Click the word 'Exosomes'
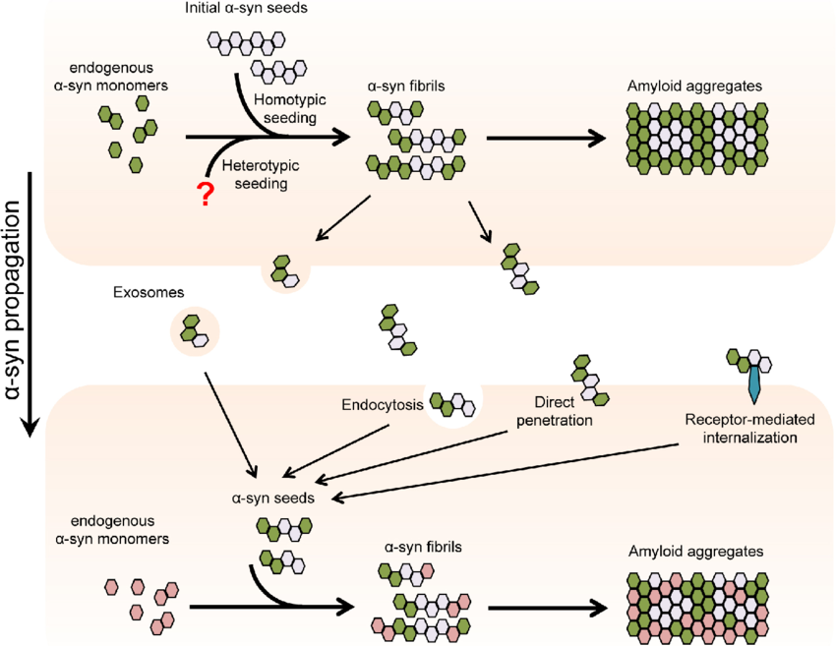pos(145,292)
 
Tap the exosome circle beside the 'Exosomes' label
pos(194,329)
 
